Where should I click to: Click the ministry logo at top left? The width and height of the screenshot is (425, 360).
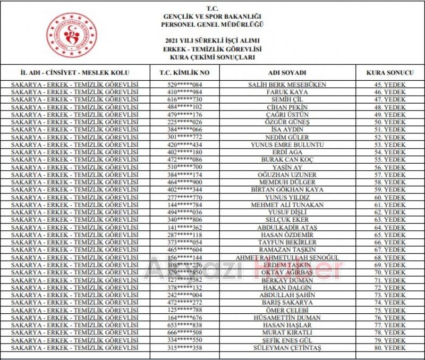pyautogui.click(x=71, y=36)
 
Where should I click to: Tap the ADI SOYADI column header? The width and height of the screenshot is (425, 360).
pyautogui.click(x=287, y=72)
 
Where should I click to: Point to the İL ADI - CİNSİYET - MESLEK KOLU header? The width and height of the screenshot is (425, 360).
pyautogui.click(x=74, y=72)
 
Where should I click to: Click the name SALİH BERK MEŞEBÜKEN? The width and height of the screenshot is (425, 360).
pyautogui.click(x=287, y=85)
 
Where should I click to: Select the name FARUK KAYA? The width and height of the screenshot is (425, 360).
pyautogui.click(x=287, y=92)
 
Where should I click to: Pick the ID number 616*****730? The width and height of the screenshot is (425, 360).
pyautogui.click(x=185, y=99)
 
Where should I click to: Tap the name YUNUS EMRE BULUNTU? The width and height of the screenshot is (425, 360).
pyautogui.click(x=287, y=145)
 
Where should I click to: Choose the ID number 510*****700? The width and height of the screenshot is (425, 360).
pyautogui.click(x=185, y=167)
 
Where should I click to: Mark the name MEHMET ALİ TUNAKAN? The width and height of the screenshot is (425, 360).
pyautogui.click(x=287, y=205)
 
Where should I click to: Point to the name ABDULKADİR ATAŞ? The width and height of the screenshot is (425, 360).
pyautogui.click(x=287, y=227)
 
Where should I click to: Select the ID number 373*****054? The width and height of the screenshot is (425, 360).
pyautogui.click(x=185, y=242)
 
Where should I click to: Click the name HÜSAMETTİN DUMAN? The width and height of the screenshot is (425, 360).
pyautogui.click(x=287, y=317)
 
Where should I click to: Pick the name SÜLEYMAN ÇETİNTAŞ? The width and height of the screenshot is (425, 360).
pyautogui.click(x=287, y=348)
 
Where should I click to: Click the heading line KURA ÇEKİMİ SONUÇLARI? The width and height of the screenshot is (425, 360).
pyautogui.click(x=212, y=56)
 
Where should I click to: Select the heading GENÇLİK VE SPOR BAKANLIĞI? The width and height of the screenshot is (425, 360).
pyautogui.click(x=212, y=16)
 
